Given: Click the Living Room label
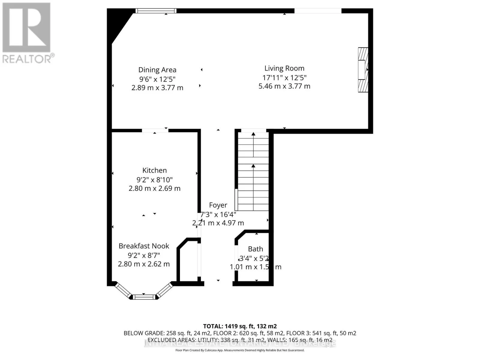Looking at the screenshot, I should click(x=284, y=68).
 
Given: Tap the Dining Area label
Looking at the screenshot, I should click(x=157, y=70).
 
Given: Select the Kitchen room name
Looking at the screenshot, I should click(x=154, y=170).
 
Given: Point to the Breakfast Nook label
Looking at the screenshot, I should click(x=144, y=246).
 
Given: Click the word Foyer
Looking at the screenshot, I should click(x=218, y=205).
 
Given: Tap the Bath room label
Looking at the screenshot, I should click(x=255, y=249).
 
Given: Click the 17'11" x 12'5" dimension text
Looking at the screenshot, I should click(x=284, y=78).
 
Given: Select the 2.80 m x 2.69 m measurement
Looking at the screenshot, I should click(x=154, y=188).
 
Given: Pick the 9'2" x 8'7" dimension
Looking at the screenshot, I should click(x=144, y=255).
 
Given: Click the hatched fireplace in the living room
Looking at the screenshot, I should click(x=363, y=70).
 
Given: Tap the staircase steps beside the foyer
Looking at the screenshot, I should click(x=253, y=171).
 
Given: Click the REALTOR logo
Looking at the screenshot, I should click(x=27, y=33).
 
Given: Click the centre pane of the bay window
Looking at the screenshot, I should click(x=144, y=297).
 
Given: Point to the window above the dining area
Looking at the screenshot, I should click(x=155, y=11).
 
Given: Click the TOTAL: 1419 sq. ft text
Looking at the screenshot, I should click(x=240, y=326).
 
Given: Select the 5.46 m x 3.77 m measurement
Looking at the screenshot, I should click(x=284, y=86).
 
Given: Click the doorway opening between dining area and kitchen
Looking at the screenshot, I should click(x=155, y=130).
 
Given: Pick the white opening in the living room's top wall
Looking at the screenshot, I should click(x=318, y=11).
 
